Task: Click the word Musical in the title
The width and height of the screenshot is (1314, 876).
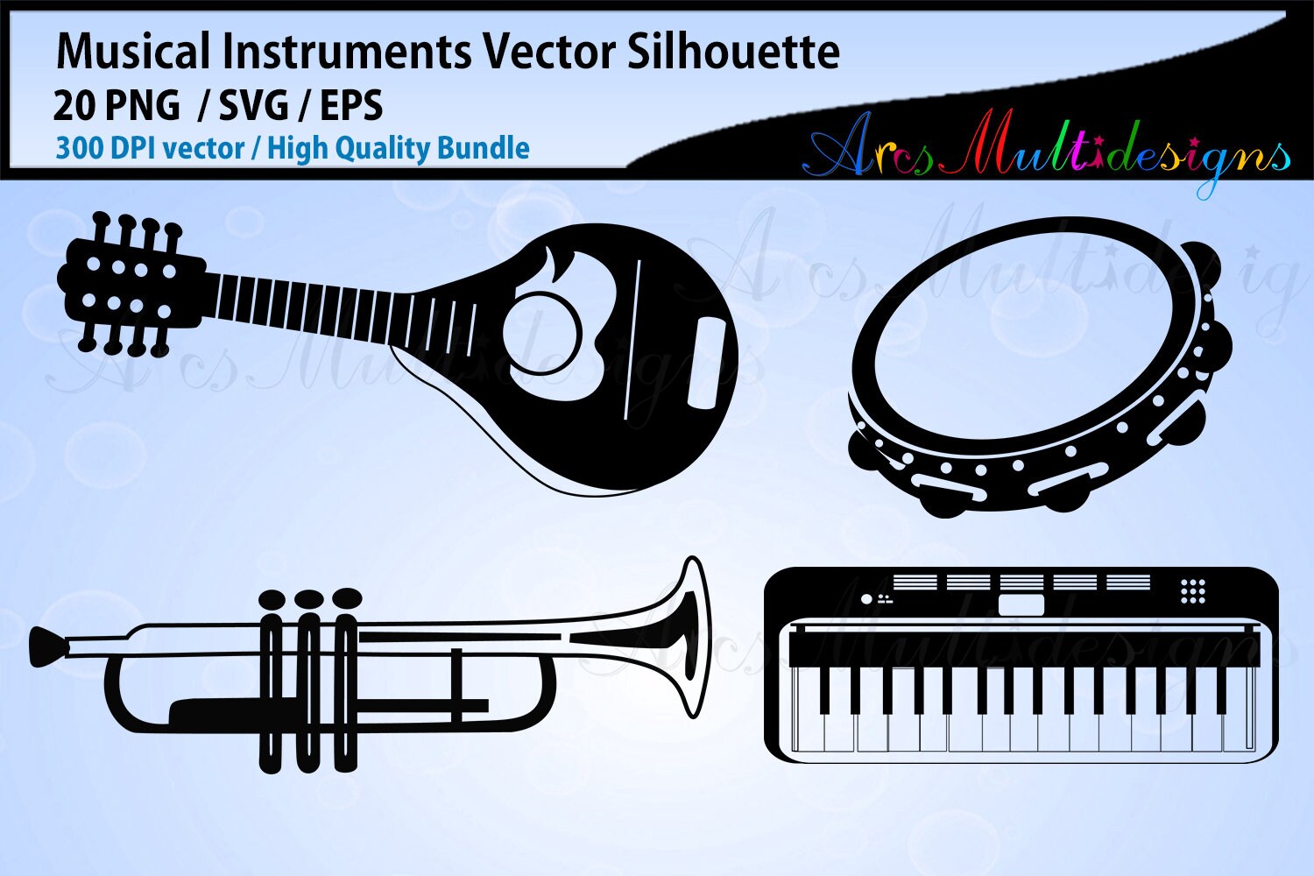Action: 134,53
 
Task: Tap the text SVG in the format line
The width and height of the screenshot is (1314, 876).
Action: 253,106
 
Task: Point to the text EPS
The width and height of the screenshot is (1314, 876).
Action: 351,106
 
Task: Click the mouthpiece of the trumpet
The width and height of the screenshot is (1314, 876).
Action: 47,646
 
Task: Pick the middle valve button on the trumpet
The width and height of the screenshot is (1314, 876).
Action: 309,598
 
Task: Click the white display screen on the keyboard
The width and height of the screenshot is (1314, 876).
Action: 1021,604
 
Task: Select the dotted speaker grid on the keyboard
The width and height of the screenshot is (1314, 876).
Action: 1192,590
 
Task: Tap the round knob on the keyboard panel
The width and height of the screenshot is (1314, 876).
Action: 866,599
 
